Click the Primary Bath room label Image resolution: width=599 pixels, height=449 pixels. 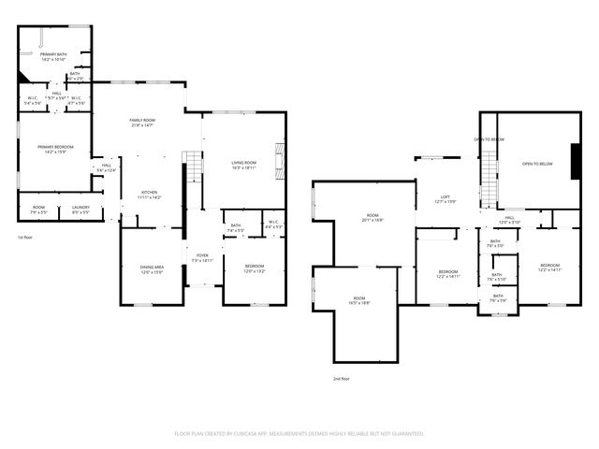[52, 58]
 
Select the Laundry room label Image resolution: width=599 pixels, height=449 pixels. [80, 210]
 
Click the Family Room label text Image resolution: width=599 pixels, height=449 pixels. [142, 123]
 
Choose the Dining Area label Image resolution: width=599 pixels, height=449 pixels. [152, 269]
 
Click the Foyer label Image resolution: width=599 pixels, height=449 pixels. [202, 257]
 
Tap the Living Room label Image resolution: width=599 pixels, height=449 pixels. [244, 165]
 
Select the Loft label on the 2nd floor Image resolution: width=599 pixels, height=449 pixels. [446, 199]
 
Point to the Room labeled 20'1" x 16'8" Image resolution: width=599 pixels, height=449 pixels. [373, 218]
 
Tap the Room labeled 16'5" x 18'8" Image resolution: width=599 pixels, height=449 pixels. [359, 301]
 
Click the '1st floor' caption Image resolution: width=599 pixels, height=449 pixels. [27, 238]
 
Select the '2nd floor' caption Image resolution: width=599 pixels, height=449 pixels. [342, 378]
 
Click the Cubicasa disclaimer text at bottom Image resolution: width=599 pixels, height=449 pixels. [299, 433]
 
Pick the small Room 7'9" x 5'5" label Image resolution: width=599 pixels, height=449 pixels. [38, 210]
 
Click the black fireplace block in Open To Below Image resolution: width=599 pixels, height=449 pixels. [574, 155]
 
